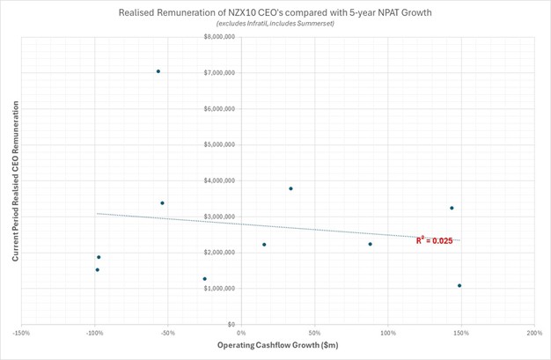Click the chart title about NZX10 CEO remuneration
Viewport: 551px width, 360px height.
coord(275,10)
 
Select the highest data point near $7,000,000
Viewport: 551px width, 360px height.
coord(158,71)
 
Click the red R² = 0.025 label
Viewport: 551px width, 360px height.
coord(434,240)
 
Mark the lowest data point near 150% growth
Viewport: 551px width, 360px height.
coord(459,285)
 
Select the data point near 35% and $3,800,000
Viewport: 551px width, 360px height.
coord(290,188)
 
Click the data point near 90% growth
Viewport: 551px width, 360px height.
coord(370,244)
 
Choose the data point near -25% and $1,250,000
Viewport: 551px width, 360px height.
coord(204,279)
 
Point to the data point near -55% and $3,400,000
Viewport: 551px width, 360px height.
coord(162,203)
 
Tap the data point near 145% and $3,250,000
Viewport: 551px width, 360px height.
coord(452,208)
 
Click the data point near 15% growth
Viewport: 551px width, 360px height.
coord(264,245)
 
